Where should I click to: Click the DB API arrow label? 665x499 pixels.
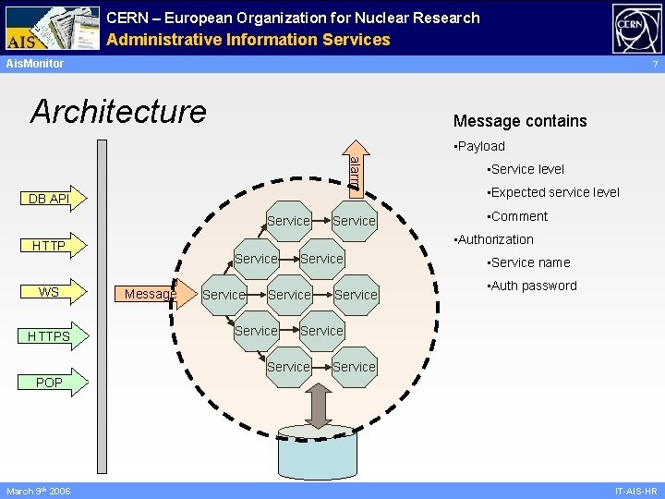[x=49, y=199]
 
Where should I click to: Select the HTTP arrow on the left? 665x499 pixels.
[x=49, y=246]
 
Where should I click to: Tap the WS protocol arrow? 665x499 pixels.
[x=49, y=292]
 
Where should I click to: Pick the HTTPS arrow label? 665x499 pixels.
[x=49, y=336]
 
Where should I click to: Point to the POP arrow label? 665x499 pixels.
[x=49, y=383]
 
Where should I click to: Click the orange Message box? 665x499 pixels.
[x=150, y=294]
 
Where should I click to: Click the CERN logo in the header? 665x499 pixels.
[x=636, y=29]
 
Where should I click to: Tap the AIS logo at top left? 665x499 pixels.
[x=51, y=28]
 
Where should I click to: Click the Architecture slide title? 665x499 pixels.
[x=119, y=112]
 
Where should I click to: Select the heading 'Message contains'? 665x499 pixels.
[x=520, y=121]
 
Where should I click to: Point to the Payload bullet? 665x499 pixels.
[x=479, y=146]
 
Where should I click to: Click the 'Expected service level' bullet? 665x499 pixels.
[x=553, y=192]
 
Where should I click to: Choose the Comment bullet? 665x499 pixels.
[x=517, y=216]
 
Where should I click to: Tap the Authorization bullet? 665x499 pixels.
[x=494, y=239]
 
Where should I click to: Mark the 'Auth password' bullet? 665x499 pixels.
[x=532, y=286]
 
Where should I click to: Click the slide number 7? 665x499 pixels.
[x=654, y=65]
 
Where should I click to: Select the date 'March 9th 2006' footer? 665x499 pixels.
[x=38, y=491]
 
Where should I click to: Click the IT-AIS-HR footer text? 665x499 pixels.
[x=635, y=491]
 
